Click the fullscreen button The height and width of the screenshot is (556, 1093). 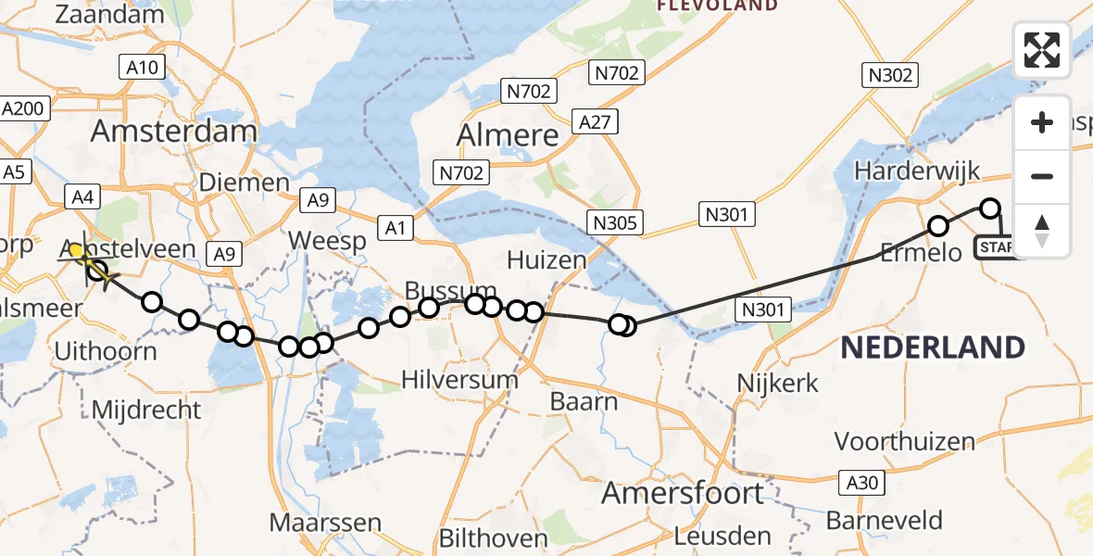[x=1042, y=50]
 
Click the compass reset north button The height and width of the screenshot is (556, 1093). [x=1042, y=231]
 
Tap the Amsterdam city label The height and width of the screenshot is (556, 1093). [x=174, y=131]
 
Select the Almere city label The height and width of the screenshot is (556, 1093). [x=509, y=135]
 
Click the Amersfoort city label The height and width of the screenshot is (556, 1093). [x=684, y=492]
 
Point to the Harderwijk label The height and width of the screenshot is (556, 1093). [x=917, y=171]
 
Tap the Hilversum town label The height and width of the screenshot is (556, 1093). [x=460, y=379]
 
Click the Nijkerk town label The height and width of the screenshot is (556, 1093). [x=778, y=381]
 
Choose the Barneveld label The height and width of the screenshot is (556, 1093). [x=885, y=521]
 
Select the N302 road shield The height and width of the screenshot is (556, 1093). [x=890, y=76]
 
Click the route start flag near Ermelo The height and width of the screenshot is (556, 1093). [x=998, y=246]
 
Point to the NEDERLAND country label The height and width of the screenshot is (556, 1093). [x=932, y=348]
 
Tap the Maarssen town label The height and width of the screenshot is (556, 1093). [x=325, y=522]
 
